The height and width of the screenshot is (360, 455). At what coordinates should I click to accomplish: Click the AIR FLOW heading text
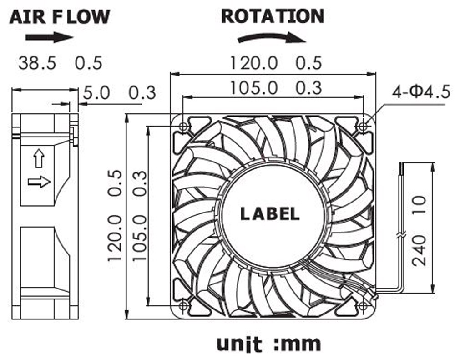click(x=60, y=16)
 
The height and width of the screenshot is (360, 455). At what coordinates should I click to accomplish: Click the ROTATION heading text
click(x=272, y=16)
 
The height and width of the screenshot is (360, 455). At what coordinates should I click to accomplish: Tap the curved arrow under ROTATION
click(x=271, y=38)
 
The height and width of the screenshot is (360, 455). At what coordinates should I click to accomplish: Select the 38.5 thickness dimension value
click(x=37, y=63)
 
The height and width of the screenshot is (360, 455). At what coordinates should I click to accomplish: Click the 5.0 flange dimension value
click(x=97, y=93)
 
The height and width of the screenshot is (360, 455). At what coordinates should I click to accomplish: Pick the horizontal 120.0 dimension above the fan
click(x=253, y=63)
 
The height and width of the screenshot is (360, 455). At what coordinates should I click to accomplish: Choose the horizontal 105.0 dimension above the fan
click(x=253, y=87)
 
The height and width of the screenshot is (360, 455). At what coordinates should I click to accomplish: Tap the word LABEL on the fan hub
click(x=269, y=213)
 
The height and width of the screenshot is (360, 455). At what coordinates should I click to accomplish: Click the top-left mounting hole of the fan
click(x=183, y=127)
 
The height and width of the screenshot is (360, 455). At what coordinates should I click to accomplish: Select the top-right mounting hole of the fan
click(x=363, y=126)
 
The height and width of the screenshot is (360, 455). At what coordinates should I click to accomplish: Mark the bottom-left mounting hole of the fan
click(x=183, y=306)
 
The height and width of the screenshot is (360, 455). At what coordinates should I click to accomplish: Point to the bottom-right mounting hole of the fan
click(x=363, y=306)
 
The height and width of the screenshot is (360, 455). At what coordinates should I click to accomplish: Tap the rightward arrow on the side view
click(x=39, y=182)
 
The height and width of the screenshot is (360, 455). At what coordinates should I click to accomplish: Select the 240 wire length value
click(x=420, y=249)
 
